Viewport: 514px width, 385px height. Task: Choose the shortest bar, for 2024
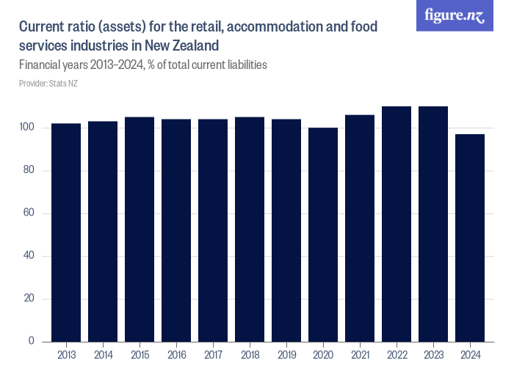(470, 238)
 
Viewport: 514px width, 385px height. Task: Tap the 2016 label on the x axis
(176, 355)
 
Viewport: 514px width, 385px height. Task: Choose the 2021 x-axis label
(360, 355)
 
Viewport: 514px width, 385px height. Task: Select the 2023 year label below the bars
(433, 355)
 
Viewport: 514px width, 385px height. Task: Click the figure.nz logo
(455, 16)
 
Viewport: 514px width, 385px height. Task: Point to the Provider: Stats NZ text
(48, 84)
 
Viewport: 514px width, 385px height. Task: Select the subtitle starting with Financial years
(142, 65)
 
